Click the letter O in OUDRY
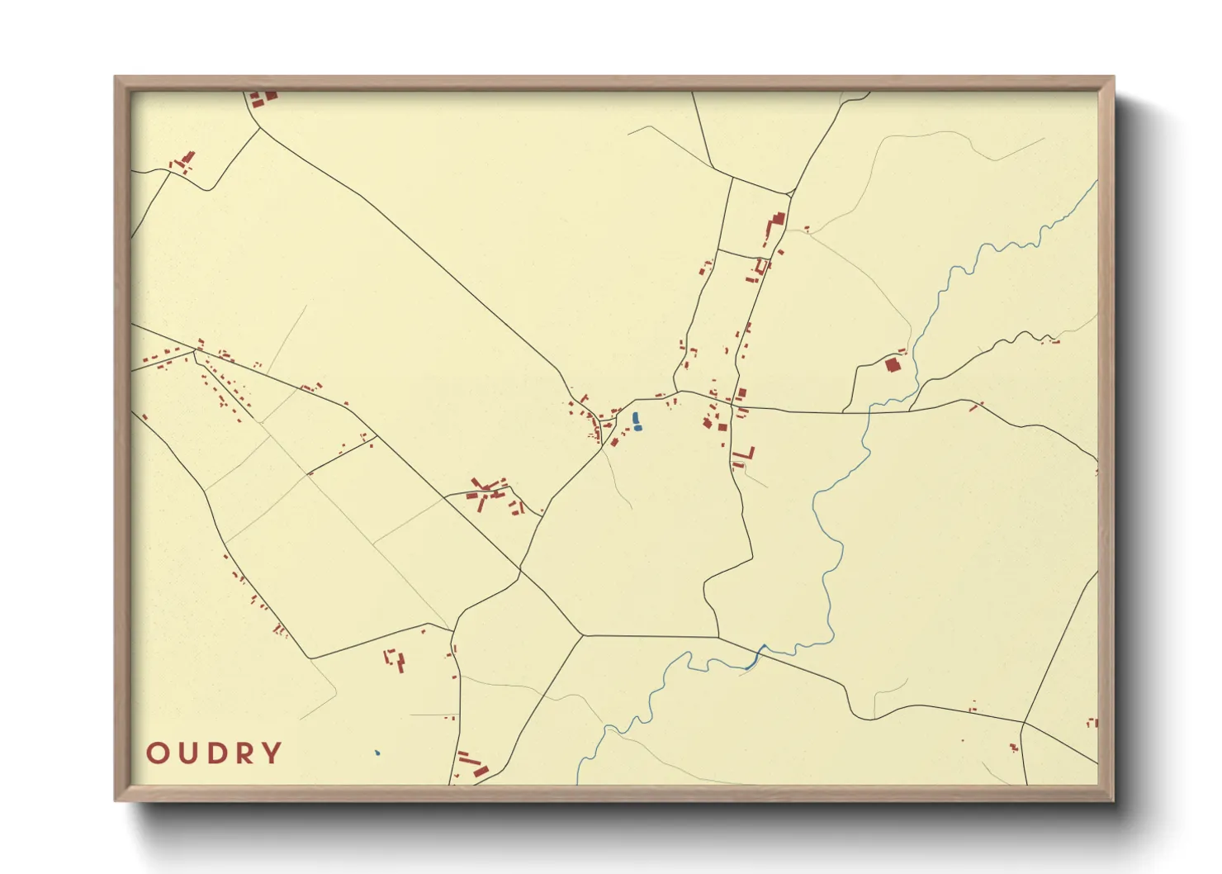(158, 753)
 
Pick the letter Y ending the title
(270, 753)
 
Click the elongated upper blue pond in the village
(635, 418)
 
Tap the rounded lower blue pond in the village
(637, 428)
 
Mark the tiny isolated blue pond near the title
(377, 753)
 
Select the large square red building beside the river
(892, 364)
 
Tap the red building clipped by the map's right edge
(1094, 723)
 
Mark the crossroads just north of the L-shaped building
(733, 405)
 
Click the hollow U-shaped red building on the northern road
(761, 266)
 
